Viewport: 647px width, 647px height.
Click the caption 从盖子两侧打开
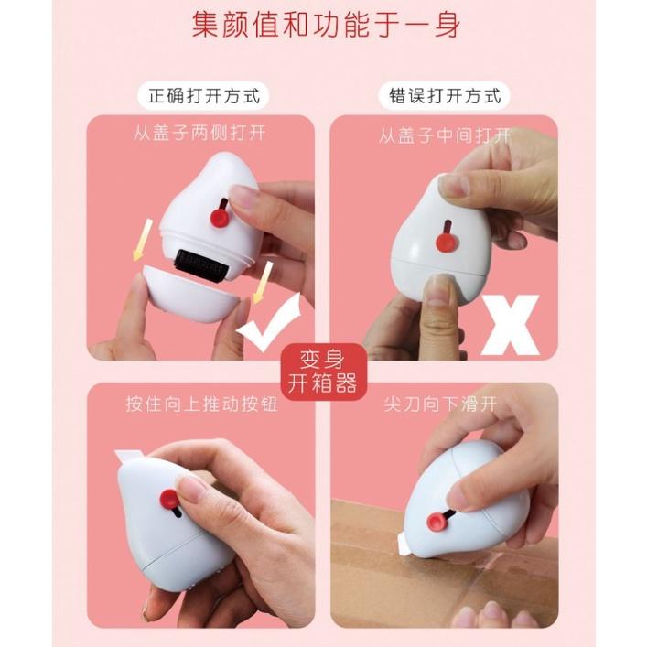pos(199,135)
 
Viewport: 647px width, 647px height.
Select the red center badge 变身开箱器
pos(322,370)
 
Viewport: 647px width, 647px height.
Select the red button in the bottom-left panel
pos(168,500)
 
